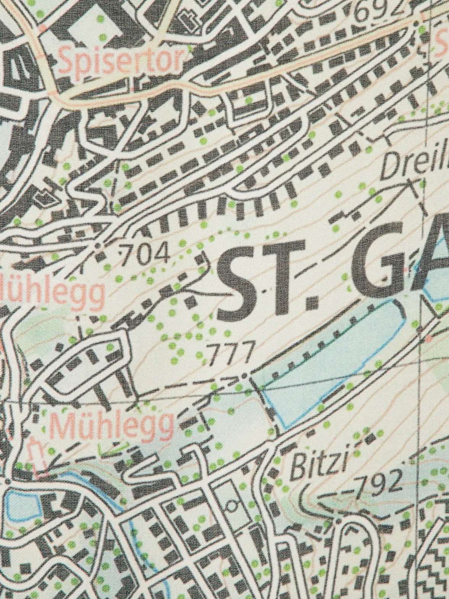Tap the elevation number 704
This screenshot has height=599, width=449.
[144, 253]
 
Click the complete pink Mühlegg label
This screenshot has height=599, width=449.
[112, 426]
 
